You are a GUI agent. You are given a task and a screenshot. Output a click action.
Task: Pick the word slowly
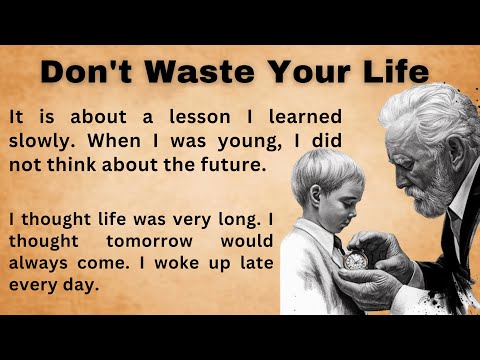coord(39,141)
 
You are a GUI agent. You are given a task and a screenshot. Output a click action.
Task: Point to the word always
coord(41,263)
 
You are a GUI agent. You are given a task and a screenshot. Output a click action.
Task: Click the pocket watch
coord(354,258)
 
